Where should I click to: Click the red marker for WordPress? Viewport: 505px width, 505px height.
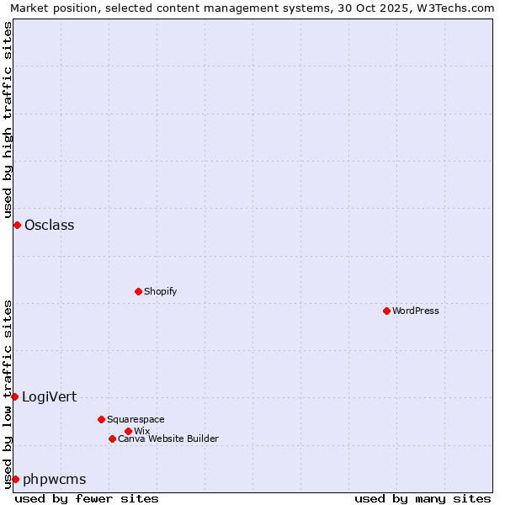point(386,311)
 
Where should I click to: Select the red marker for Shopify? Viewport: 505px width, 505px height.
point(138,291)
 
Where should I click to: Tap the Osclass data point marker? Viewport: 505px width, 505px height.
point(17,225)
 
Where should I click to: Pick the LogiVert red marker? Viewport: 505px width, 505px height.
point(15,396)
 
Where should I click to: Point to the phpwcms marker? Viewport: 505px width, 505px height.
point(15,479)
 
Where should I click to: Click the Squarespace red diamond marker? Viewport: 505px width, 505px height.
point(101,419)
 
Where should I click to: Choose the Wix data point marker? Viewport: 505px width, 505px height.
point(128,431)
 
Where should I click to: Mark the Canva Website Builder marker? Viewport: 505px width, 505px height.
point(112,439)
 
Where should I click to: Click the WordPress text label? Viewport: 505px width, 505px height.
point(416,311)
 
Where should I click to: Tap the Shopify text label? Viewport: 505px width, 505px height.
point(160,291)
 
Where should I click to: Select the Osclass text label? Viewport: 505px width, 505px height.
point(50,225)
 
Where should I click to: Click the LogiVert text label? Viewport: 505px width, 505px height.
point(49,396)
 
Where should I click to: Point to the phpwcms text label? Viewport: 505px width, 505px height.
point(55,479)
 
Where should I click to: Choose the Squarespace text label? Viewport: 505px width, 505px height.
point(136,419)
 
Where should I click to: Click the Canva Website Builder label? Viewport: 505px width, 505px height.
point(168,439)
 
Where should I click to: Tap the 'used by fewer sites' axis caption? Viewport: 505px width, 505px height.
point(87,498)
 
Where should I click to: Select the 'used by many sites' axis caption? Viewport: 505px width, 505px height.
point(423,498)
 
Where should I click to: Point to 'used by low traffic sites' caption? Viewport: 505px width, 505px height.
point(8,394)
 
